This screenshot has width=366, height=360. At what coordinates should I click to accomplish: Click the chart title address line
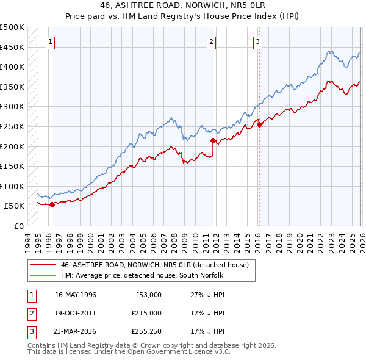pyautogui.click(x=183, y=5)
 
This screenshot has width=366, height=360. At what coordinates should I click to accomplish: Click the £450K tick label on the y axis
pyautogui.click(x=12, y=47)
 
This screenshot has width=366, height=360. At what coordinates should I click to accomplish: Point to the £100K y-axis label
pyautogui.click(x=12, y=186)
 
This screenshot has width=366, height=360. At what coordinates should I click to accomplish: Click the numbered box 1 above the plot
pyautogui.click(x=49, y=42)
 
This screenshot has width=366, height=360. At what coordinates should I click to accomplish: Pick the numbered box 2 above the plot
pyautogui.click(x=211, y=42)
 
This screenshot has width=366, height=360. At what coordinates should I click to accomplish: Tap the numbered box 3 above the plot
pyautogui.click(x=257, y=42)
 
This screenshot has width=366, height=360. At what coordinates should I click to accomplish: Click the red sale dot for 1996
pyautogui.click(x=52, y=205)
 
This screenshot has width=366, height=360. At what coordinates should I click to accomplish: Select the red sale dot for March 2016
pyautogui.click(x=259, y=124)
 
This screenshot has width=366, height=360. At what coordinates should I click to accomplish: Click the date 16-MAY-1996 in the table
pyautogui.click(x=76, y=294)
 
